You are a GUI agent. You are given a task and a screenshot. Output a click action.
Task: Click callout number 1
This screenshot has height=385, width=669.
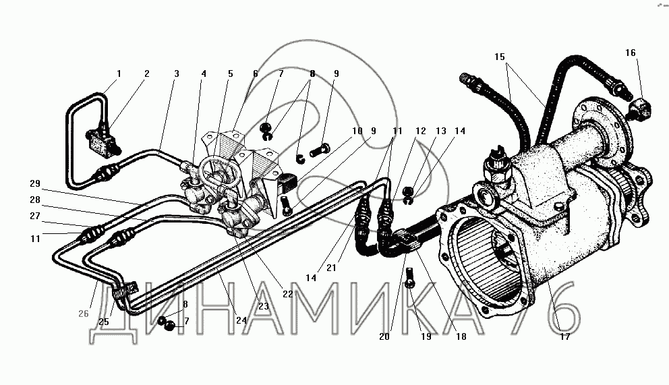point(119,73)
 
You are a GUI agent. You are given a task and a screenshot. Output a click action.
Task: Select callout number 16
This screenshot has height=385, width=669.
point(630,53)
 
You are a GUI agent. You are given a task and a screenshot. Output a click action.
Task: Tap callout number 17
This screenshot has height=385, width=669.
point(564,336)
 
